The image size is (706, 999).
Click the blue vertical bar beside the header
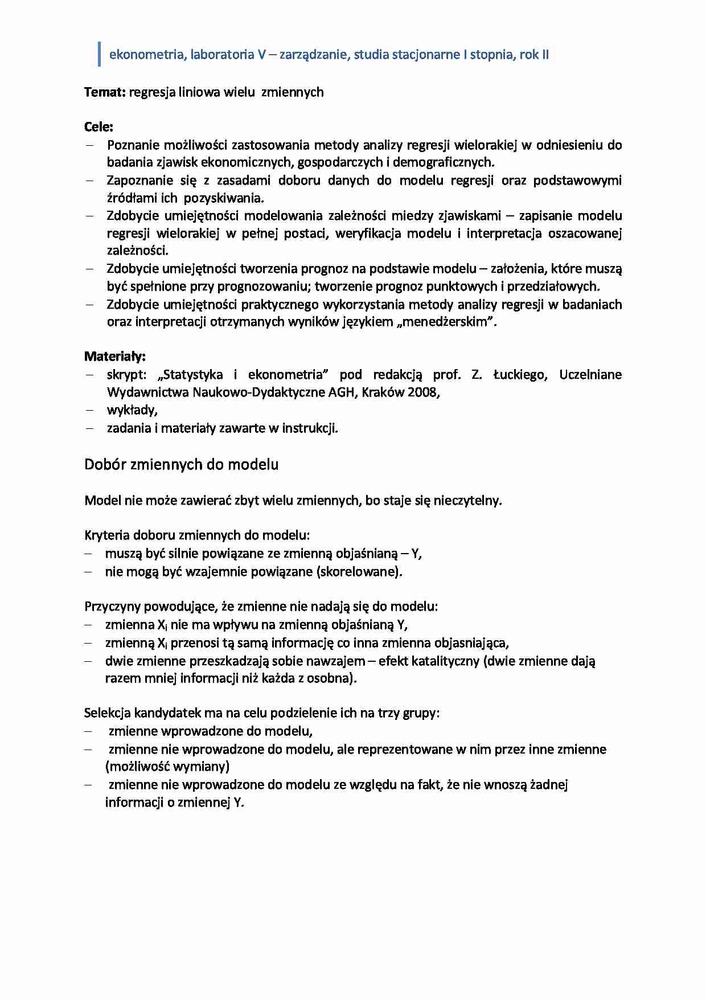100,55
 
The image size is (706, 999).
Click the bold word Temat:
105,92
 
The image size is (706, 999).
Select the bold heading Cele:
98,127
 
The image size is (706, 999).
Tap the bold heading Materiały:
115,357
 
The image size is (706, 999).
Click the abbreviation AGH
342,392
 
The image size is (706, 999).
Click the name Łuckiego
520,375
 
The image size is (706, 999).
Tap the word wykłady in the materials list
132,410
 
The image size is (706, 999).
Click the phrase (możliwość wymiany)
167,767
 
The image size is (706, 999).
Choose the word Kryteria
106,535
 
